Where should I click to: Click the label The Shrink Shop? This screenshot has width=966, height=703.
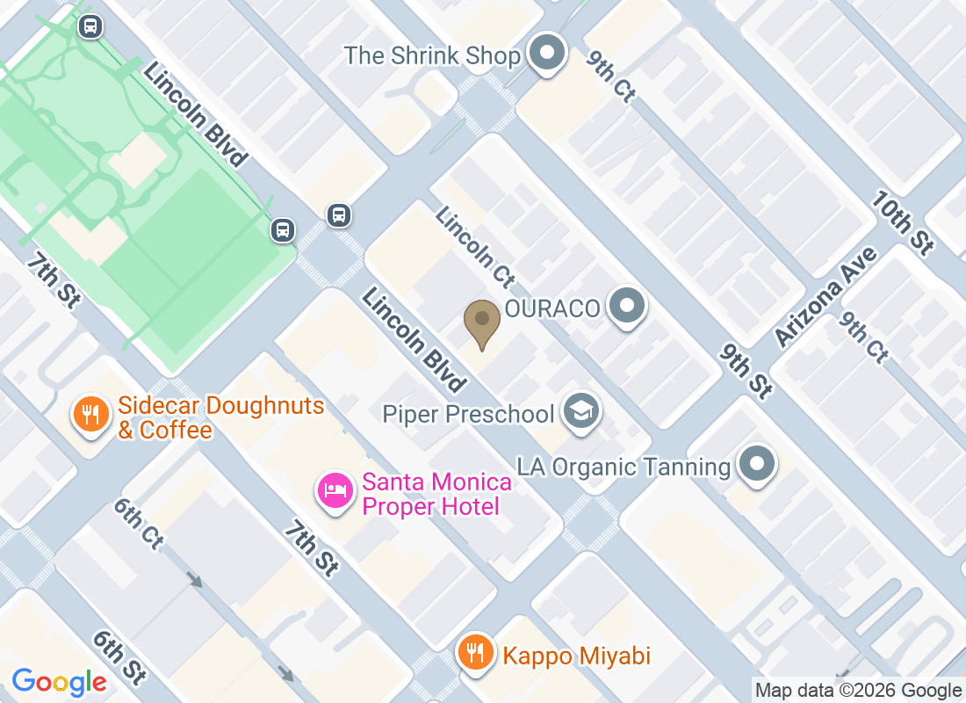click(x=432, y=56)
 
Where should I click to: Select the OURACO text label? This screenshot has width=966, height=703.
click(x=551, y=308)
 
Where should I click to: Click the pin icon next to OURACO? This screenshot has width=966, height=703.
click(x=627, y=308)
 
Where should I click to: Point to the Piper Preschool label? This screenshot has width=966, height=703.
click(x=468, y=414)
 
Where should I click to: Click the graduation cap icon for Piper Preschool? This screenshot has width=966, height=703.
click(x=581, y=411)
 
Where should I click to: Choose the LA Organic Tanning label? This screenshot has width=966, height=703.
click(x=624, y=467)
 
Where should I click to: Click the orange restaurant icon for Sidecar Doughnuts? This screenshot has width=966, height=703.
click(x=90, y=414)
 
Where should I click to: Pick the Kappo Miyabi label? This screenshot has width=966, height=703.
click(x=575, y=656)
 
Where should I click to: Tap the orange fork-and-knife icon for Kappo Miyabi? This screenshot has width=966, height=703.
click(x=475, y=653)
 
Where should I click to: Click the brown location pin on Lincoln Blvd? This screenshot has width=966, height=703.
click(x=482, y=322)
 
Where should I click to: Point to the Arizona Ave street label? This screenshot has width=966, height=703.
click(x=825, y=296)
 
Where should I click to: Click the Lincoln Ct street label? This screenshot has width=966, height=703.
click(x=474, y=248)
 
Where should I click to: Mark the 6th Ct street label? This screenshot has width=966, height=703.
click(x=138, y=524)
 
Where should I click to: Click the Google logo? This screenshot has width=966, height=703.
click(x=59, y=682)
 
